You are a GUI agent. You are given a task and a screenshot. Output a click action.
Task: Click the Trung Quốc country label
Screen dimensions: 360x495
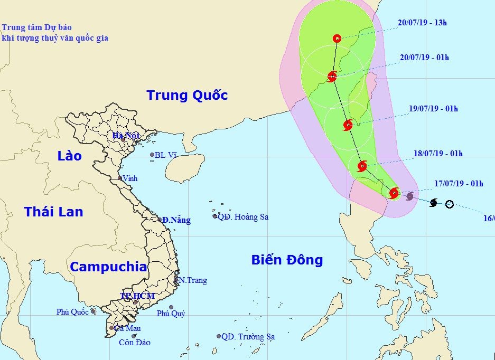(187, 96)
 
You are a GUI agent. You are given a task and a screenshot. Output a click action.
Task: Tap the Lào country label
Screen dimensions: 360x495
(70, 156)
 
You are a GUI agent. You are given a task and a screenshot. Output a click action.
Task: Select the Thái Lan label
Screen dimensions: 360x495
(53, 212)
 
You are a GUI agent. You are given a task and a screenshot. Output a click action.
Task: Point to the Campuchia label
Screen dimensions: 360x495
(108, 267)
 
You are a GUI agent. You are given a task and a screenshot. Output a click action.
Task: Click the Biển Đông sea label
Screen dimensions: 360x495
(287, 260)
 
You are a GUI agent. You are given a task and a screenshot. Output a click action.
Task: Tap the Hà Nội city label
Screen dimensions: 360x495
(126, 136)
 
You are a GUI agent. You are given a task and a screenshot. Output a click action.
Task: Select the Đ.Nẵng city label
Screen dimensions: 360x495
(176, 220)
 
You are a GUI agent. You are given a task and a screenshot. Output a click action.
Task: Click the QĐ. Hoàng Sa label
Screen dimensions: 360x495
(243, 216)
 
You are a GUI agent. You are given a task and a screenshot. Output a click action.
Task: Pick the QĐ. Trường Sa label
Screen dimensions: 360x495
(248, 336)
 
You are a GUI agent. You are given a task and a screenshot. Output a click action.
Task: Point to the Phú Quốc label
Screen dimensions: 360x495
(72, 312)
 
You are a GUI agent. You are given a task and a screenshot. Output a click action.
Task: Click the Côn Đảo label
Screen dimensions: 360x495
(134, 343)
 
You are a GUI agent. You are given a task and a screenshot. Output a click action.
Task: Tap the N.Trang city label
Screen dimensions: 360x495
(192, 280)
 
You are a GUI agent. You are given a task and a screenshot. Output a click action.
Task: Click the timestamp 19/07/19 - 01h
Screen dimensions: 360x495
(433, 109)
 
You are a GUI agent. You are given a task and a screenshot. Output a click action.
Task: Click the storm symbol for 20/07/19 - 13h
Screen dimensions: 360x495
(337, 38)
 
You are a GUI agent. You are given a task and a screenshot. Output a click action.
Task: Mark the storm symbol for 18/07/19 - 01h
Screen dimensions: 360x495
(362, 166)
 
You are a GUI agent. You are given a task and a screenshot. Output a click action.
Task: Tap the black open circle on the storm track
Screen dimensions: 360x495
(449, 204)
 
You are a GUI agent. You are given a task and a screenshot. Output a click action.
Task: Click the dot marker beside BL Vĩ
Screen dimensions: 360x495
(152, 155)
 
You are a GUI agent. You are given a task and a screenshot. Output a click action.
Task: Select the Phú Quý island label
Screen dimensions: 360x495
(171, 314)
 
